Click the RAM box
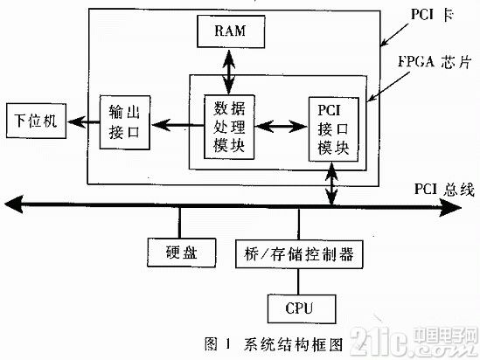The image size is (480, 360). click(231, 31)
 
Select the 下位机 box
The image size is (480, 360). click(37, 121)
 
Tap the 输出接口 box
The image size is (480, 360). click(125, 122)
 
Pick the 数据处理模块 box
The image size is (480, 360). click(229, 127)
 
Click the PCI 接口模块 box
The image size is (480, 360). click(333, 129)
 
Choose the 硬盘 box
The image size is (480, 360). click(182, 253)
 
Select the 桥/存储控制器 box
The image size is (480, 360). click(299, 254)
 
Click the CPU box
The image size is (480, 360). click(302, 308)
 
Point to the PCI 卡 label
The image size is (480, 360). click(432, 14)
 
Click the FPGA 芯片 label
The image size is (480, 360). click(434, 61)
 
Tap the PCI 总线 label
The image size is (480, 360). click(444, 189)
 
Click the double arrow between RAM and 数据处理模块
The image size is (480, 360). click(229, 71)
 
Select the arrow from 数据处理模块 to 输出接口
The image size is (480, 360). click(177, 125)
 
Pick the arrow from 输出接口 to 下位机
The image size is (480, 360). click(83, 122)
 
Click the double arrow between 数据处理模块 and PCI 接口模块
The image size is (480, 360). click(282, 126)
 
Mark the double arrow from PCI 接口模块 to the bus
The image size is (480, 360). click(332, 183)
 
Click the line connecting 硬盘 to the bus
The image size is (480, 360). click(179, 223)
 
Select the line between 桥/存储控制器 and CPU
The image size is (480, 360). click(298, 281)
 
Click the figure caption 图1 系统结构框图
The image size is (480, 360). click(274, 344)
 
